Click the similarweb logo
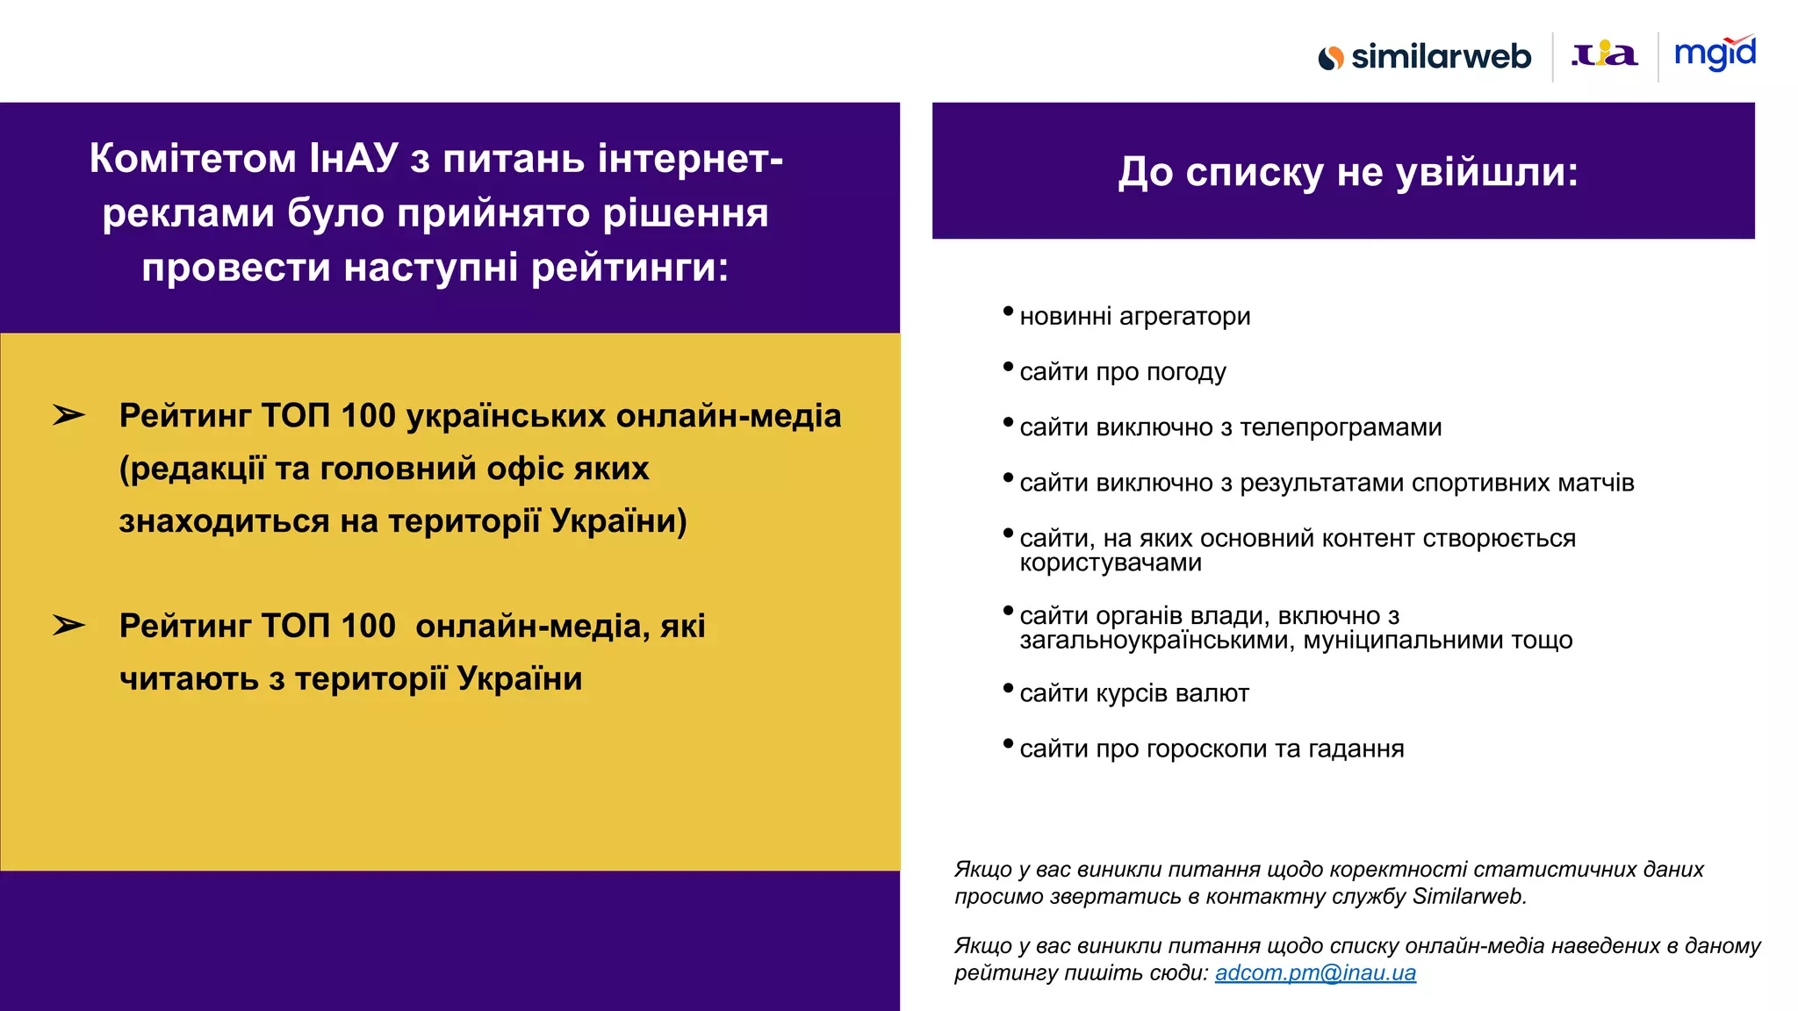(x=1424, y=57)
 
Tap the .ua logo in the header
(x=1604, y=55)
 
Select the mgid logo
(x=1715, y=54)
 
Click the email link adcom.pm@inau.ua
(x=1315, y=972)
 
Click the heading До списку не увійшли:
(x=1348, y=172)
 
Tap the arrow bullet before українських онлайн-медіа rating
(x=68, y=415)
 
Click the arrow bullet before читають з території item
(x=68, y=626)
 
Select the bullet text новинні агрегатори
(x=1134, y=316)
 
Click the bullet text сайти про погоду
(x=1122, y=372)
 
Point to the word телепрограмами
(x=1341, y=427)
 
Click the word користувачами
(x=1110, y=563)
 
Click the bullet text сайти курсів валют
(x=1133, y=693)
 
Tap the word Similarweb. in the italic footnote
(x=1469, y=896)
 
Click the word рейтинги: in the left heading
(x=629, y=267)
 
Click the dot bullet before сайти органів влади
(x=1008, y=610)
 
